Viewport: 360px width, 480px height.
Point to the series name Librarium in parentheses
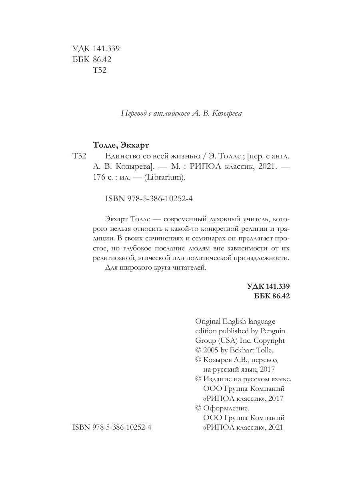[168, 179]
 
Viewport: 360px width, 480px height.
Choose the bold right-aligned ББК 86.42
[272, 296]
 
